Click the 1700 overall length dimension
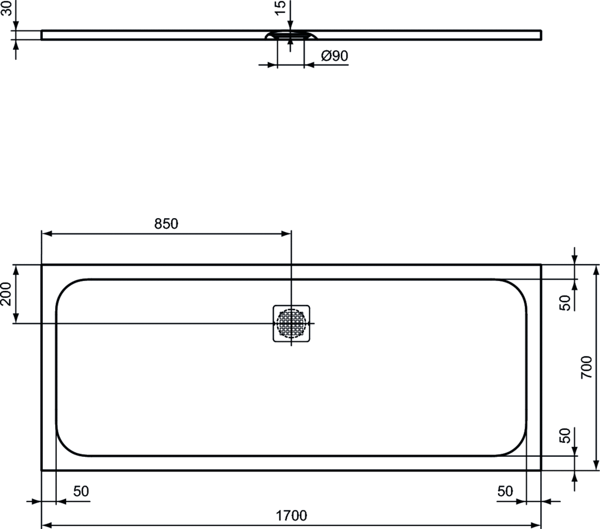tap(291, 516)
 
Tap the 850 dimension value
tap(166, 223)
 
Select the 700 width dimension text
tap(586, 367)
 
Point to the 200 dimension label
tap(6, 294)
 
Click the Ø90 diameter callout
tap(335, 56)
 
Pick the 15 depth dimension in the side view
tap(281, 7)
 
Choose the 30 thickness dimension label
tap(6, 8)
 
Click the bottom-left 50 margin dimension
tap(81, 491)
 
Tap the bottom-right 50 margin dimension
tap(505, 491)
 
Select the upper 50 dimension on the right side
tap(565, 303)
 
